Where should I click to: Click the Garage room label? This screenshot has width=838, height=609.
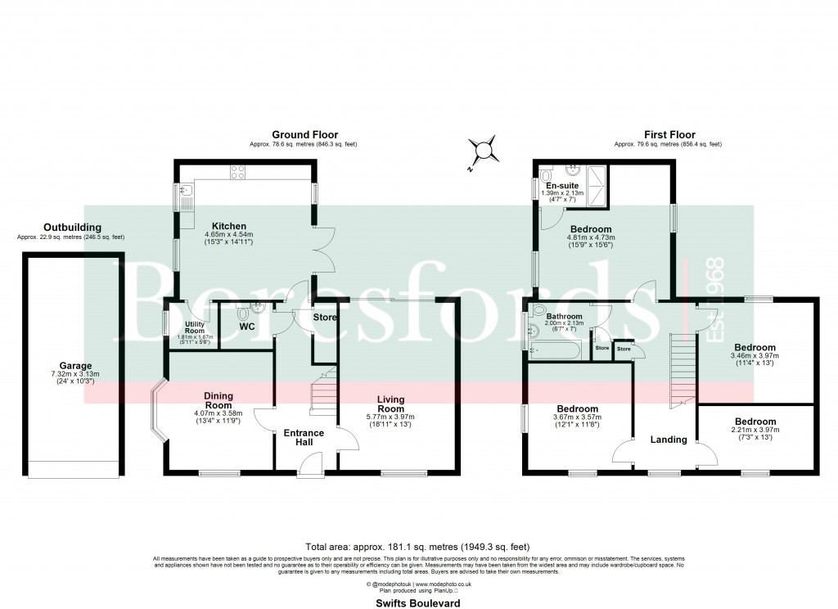[75, 366]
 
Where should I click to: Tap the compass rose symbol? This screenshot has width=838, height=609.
[484, 151]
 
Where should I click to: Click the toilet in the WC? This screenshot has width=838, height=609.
[243, 313]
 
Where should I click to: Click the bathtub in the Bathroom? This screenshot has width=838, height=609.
[556, 351]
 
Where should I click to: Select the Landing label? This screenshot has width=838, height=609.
[668, 440]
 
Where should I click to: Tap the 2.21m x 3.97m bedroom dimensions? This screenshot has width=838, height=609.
[755, 431]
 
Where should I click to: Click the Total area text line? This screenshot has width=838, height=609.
[418, 546]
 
